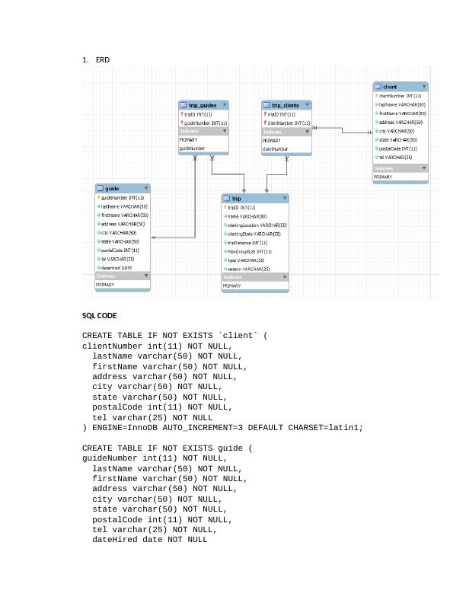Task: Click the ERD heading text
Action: point(103,59)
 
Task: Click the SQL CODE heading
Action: point(100,315)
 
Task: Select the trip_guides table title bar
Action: point(203,105)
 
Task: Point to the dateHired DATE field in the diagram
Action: point(116,268)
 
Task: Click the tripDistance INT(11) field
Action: point(247,243)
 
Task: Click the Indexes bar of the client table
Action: point(401,168)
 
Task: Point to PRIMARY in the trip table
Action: point(232,286)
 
